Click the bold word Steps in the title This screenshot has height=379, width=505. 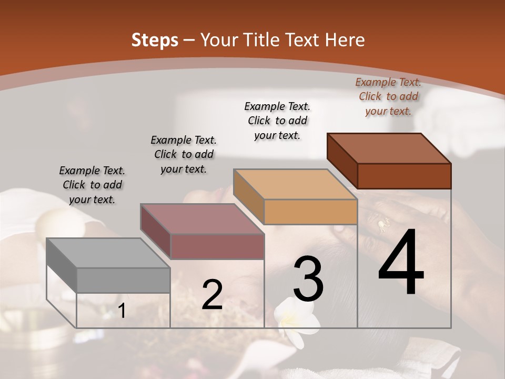(155, 40)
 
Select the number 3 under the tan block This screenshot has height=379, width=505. (308, 280)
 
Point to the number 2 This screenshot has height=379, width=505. (212, 295)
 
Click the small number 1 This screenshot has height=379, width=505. (122, 311)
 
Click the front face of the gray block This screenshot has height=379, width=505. (124, 281)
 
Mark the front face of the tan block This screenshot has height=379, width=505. (310, 212)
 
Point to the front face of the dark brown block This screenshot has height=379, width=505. (404, 176)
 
